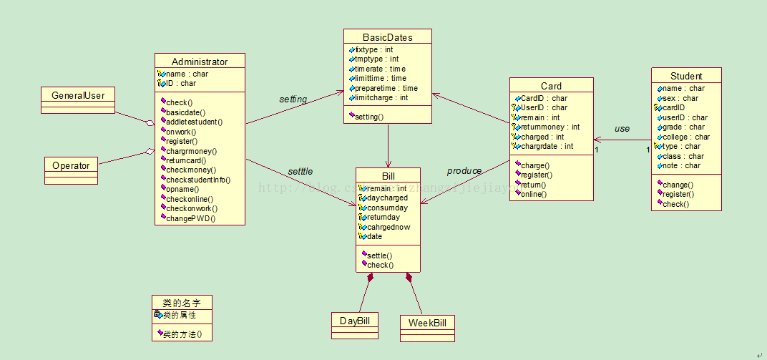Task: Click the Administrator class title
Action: (x=200, y=62)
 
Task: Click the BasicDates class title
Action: (x=387, y=37)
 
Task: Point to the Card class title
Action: (x=551, y=86)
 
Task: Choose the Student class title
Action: (x=686, y=76)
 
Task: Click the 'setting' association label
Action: (x=293, y=99)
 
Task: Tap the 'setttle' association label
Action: (x=301, y=172)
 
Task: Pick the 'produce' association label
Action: (x=464, y=171)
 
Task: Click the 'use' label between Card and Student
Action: (x=622, y=129)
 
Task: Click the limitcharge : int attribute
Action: (x=381, y=98)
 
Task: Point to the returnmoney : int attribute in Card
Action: (x=549, y=127)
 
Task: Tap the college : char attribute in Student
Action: (x=687, y=137)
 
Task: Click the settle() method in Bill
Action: (x=379, y=256)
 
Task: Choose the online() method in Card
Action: (x=533, y=194)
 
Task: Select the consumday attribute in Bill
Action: (x=387, y=208)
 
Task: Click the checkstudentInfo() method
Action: (x=198, y=180)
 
